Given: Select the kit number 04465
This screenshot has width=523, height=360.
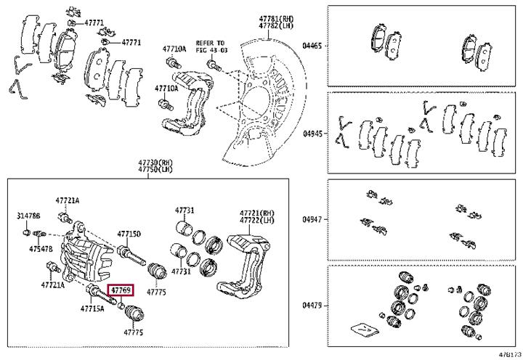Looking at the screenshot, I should [x=312, y=45].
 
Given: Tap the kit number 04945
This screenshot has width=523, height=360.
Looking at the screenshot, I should [x=312, y=134].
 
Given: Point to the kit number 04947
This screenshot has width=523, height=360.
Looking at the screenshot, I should [x=312, y=218].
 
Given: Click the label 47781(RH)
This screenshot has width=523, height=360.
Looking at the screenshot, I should [x=257, y=17].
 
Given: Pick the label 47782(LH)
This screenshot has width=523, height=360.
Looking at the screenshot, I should [x=257, y=25].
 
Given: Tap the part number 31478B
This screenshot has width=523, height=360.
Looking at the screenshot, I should [x=29, y=216].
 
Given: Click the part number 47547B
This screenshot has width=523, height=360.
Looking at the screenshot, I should [x=41, y=249].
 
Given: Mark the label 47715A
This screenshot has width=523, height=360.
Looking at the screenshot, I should [x=92, y=308].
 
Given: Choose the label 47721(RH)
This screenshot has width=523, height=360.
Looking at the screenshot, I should [x=256, y=213].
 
